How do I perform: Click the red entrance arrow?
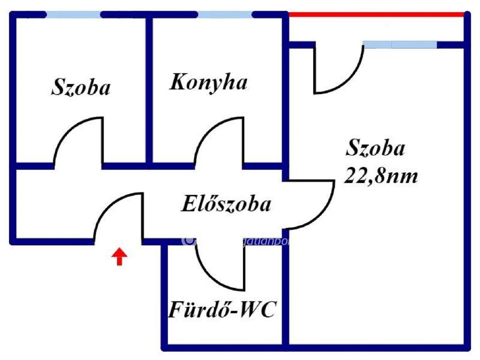click(120, 257)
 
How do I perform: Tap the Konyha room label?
click(208, 83)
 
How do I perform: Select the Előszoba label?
click(226, 205)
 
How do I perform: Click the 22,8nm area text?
click(381, 177)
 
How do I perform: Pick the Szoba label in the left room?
click(81, 88)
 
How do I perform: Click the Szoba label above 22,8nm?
click(375, 149)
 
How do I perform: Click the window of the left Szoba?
click(74, 15)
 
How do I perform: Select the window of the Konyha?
click(225, 15)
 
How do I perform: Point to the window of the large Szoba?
click(400, 45)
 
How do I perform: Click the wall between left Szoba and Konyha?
click(149, 89)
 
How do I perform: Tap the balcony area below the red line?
click(375, 30)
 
